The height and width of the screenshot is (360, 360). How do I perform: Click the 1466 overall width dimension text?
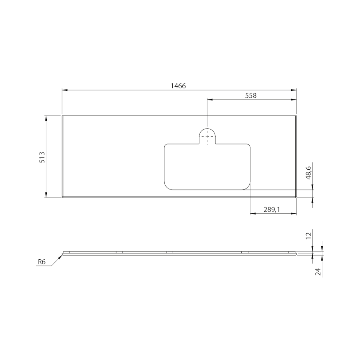coord(179,85)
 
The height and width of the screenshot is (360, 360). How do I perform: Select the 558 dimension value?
coord(251,95)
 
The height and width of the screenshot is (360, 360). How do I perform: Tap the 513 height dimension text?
coord(42,157)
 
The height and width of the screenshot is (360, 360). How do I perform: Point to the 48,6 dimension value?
coord(309,173)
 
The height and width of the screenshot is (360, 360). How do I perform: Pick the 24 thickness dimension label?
coord(318,272)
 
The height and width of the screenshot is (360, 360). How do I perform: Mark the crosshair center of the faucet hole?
coord(207,136)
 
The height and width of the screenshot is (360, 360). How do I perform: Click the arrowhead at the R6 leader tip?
coord(61,255)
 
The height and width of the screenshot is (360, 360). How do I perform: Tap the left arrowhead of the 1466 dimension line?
coord(64,90)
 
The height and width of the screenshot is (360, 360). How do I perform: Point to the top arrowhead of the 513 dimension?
coord(46,117)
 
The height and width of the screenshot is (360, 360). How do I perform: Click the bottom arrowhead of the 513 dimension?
coord(46,195)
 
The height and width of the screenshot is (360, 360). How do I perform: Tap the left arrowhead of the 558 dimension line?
coord(209,99)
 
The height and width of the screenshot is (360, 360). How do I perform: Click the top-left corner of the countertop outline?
coord(62,115)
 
